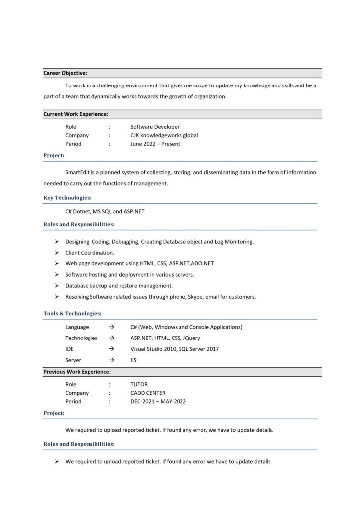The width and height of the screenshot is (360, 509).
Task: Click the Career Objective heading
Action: (x=65, y=73)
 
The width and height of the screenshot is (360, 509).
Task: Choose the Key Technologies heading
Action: (x=67, y=198)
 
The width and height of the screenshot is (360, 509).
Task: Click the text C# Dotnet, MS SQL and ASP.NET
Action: (x=104, y=211)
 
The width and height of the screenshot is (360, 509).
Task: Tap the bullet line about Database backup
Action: (x=119, y=286)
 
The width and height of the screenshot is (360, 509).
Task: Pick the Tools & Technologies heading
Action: (x=73, y=314)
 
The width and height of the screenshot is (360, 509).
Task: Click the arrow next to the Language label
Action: (x=112, y=327)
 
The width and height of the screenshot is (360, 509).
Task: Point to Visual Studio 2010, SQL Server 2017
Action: (x=174, y=349)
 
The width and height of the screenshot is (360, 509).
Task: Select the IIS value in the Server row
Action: (x=133, y=360)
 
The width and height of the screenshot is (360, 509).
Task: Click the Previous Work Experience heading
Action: (x=77, y=372)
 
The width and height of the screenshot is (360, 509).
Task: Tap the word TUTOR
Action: (x=139, y=384)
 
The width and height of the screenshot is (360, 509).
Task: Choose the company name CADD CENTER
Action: (x=148, y=393)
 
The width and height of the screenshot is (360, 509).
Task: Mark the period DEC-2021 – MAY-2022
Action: (x=158, y=401)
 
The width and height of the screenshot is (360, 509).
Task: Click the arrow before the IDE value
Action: (x=112, y=349)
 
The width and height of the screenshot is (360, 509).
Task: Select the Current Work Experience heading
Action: (x=76, y=114)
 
